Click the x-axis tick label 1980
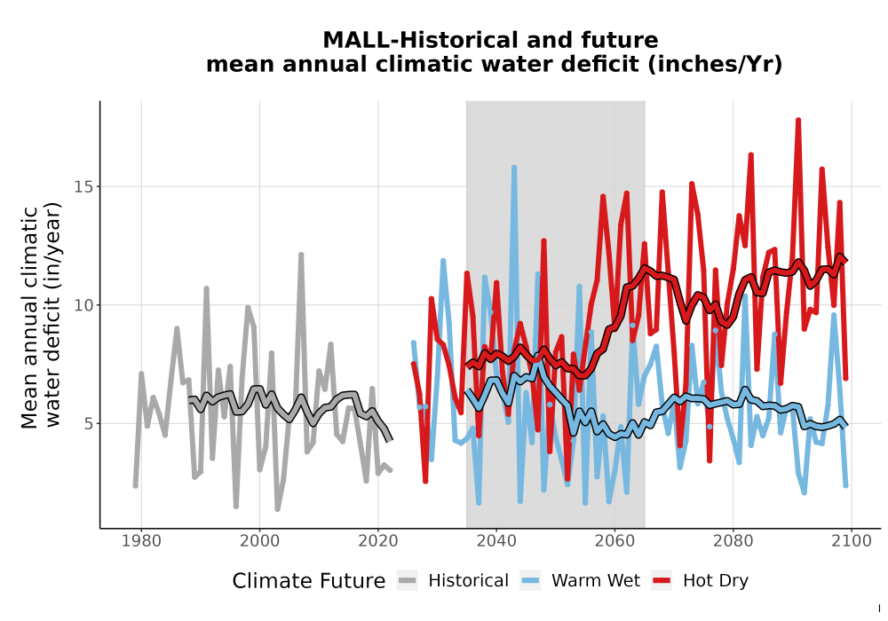pos(141,541)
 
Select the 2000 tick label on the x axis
pos(259,541)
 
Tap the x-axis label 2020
pos(377,541)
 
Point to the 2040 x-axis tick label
pos(496,541)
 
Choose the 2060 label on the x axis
pos(614,541)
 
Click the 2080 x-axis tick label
pos(733,541)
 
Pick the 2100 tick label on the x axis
pos(852,541)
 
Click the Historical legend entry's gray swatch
pos(407,581)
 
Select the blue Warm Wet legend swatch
pos(530,581)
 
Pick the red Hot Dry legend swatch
pos(662,581)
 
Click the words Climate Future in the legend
pos(309,581)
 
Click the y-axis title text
pos(41,317)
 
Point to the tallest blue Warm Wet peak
pos(514,168)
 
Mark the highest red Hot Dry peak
pos(798,121)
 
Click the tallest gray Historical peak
pos(301,255)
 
